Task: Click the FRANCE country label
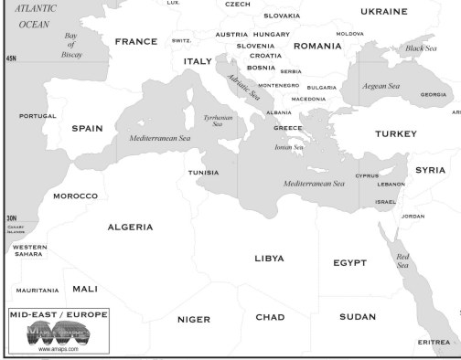tap(135, 42)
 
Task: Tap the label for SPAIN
tap(87, 129)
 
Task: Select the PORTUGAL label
tap(38, 116)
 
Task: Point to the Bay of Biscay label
tap(70, 45)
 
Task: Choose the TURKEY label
tap(395, 133)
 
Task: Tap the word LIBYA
tap(269, 259)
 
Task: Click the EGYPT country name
tap(349, 263)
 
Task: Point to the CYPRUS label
tap(367, 175)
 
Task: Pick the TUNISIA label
tap(203, 173)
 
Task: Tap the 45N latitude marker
tap(11, 58)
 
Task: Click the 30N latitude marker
tap(11, 218)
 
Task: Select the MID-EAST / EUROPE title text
tap(58, 313)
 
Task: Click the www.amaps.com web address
tap(58, 349)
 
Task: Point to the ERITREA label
tap(434, 342)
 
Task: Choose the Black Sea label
tap(421, 48)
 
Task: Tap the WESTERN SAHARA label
tap(30, 250)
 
